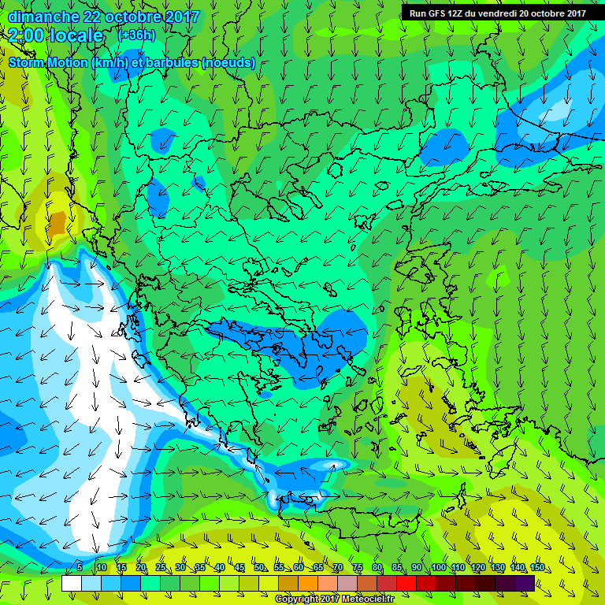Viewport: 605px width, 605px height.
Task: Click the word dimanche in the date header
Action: point(43,16)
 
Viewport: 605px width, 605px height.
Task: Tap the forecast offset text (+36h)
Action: point(135,35)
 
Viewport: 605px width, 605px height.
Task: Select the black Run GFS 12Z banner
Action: point(497,13)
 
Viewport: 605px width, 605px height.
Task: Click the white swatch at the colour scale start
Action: point(71,583)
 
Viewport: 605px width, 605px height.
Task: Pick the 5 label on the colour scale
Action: point(80,568)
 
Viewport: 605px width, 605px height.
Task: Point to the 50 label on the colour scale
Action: point(259,568)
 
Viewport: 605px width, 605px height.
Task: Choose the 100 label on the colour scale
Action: point(438,568)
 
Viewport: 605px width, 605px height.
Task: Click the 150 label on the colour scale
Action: point(536,568)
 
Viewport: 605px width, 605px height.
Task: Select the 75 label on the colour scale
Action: point(358,568)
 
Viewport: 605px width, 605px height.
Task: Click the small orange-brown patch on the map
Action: point(56,224)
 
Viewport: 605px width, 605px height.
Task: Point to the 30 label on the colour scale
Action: point(180,568)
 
